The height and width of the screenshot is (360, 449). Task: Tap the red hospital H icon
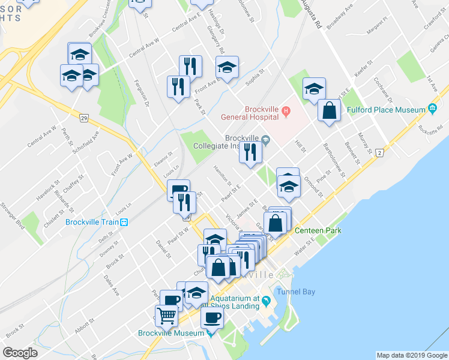pos(286,110)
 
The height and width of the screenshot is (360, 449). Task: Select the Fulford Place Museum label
pos(386,110)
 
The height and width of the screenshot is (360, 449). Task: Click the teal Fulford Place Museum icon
pos(432,109)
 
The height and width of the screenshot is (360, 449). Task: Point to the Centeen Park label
pos(316,230)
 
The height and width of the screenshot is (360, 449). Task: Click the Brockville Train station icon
pos(124,221)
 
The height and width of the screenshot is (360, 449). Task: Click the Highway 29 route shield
pos(84,117)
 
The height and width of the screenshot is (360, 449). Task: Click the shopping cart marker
pos(167,314)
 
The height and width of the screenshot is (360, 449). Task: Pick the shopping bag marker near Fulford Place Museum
pos(329,110)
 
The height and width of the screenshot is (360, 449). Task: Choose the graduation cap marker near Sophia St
pos(227,68)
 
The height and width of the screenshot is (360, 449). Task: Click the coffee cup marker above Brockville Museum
pos(211,317)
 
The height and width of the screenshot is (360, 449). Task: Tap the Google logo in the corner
pos(20,353)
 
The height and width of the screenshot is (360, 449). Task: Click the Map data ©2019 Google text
pos(412,355)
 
